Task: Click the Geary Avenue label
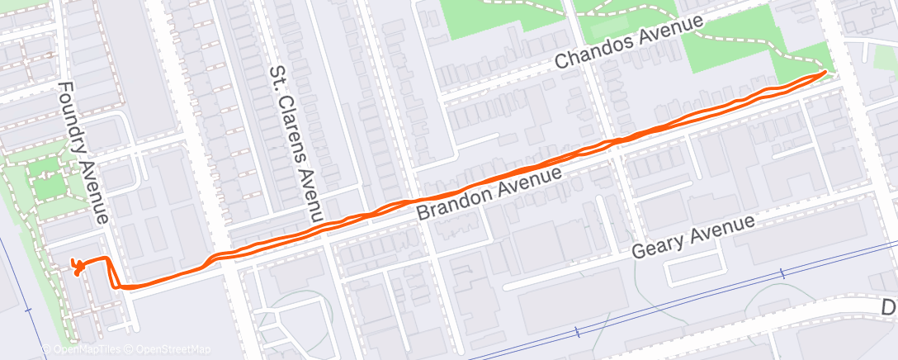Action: tap(692, 238)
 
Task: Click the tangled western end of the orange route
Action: tap(77, 267)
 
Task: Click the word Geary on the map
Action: tap(660, 245)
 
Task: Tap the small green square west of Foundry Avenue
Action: tap(48, 187)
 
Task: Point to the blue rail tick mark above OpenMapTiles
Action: tap(27, 310)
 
